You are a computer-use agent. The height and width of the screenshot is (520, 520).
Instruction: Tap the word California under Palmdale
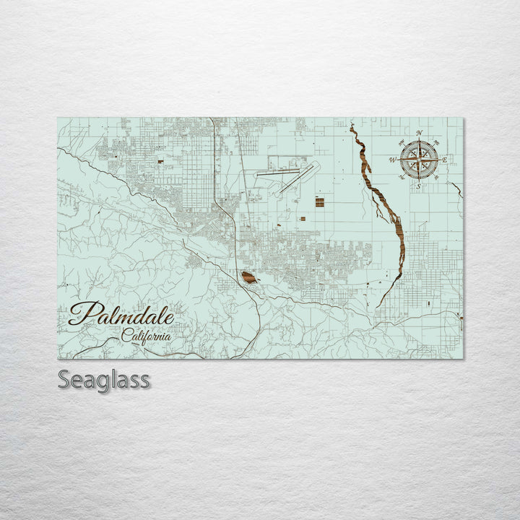point(147,336)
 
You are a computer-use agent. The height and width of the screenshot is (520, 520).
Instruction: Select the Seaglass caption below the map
point(104,379)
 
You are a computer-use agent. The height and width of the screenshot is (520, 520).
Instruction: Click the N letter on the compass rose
point(420,133)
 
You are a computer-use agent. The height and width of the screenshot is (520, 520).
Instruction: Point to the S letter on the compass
point(418,186)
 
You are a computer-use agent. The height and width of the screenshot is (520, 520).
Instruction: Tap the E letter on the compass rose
point(445,160)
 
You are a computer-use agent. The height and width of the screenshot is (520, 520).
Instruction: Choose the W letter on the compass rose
point(392,160)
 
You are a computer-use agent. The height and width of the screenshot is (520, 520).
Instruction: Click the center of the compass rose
point(419,160)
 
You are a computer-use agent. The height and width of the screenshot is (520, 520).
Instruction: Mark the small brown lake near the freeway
point(248,277)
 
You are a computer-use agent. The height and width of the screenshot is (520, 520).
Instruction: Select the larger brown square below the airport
point(319,202)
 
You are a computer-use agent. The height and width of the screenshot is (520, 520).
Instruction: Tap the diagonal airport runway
point(298,178)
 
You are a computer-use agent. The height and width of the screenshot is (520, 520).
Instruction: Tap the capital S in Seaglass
point(64,380)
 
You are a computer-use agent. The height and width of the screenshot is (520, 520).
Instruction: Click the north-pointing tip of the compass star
point(419,141)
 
